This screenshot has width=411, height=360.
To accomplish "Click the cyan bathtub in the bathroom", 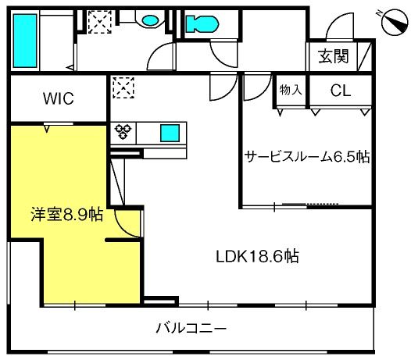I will pyautogui.click(x=23, y=40).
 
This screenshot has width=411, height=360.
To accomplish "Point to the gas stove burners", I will pyautogui.click(x=123, y=132).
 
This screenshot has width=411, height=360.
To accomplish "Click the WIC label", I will pyautogui.click(x=58, y=98).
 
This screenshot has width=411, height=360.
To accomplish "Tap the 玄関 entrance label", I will pyautogui.click(x=334, y=56).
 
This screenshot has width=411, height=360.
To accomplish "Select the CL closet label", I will pyautogui.click(x=340, y=90).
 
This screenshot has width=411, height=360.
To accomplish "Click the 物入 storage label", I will pyautogui.click(x=291, y=90).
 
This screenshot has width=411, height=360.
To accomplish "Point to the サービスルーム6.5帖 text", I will pyautogui.click(x=306, y=156).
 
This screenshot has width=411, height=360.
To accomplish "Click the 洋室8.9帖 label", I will pyautogui.click(x=66, y=213).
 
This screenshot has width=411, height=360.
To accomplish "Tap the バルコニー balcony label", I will pyautogui.click(x=191, y=327).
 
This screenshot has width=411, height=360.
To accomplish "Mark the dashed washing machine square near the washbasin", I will pyautogui.click(x=99, y=21).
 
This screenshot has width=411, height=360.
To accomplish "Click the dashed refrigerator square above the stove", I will pyautogui.click(x=123, y=88).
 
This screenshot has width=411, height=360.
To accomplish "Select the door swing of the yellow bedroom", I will pyautogui.click(x=129, y=224).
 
